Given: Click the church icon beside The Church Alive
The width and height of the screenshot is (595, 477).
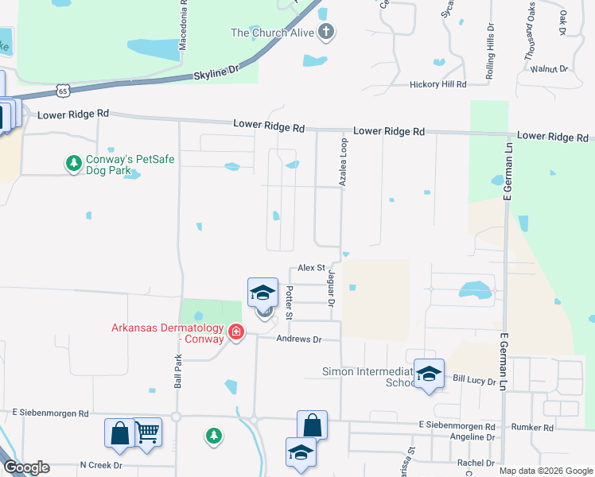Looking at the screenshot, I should tap(325, 33).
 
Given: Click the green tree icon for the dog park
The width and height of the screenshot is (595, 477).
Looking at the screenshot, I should tap(73, 164).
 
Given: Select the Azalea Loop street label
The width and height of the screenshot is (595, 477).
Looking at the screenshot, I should tap(344, 164).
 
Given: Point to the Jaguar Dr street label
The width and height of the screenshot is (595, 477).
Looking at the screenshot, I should tap(330, 287).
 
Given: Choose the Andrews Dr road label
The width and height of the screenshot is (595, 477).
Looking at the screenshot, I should tap(298, 339).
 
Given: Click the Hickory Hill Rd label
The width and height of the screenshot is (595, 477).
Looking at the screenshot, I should tap(437, 84).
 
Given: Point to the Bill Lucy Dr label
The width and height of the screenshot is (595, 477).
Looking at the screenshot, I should tap(475, 382).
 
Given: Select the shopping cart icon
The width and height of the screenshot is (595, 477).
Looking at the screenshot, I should tap(147, 432).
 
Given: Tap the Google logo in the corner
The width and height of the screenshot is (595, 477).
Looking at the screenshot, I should tap(26, 467).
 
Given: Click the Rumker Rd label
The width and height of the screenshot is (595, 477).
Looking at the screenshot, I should tap(533, 428).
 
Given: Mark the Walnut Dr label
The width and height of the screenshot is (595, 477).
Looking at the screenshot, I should tap(550, 69).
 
